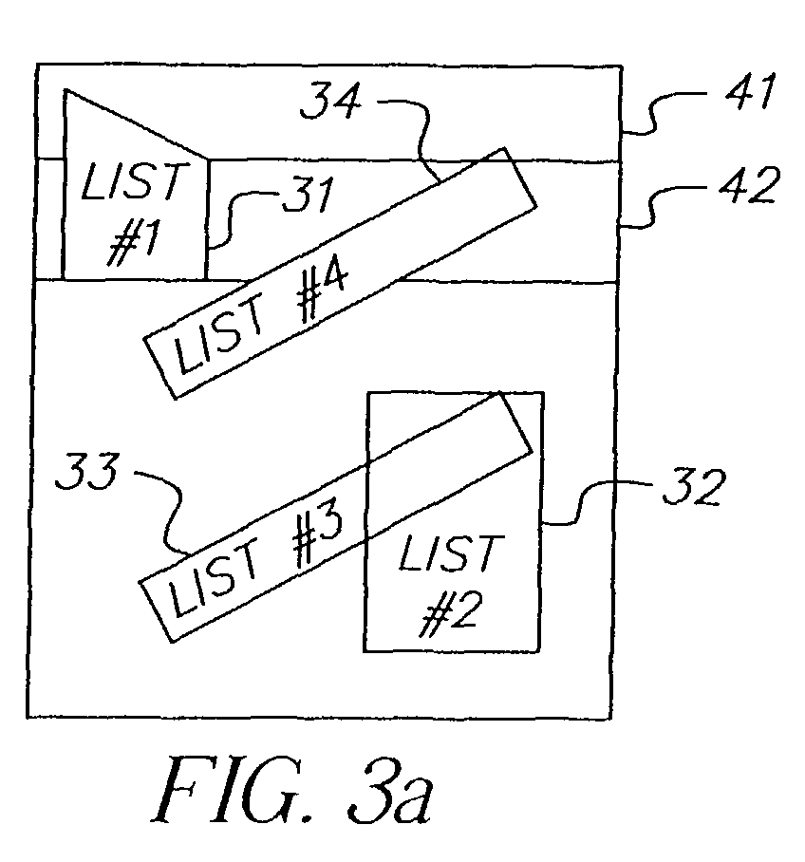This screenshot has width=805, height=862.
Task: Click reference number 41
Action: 750,91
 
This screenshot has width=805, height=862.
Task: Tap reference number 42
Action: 749,185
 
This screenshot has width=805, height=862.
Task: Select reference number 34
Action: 331,100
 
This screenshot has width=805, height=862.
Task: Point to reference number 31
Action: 309,194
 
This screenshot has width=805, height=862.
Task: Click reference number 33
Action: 87,471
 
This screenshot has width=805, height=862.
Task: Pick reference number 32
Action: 694,487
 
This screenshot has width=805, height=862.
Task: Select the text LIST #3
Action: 256,560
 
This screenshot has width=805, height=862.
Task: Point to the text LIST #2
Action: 451,585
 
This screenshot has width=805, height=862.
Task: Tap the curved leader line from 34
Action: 422,138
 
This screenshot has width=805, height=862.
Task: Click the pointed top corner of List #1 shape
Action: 66,89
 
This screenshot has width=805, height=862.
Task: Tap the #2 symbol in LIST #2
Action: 451,614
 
